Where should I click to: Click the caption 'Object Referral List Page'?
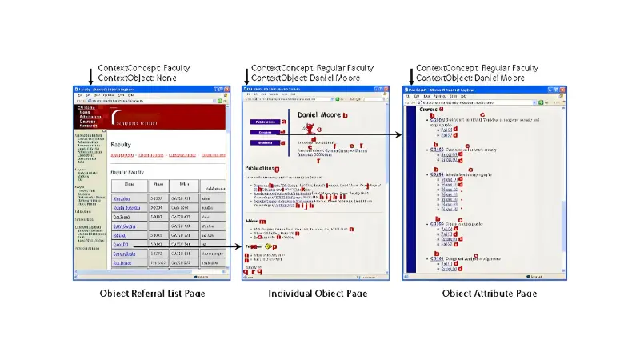(x=152, y=294)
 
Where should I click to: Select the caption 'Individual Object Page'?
(x=318, y=294)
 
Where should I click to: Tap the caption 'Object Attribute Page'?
(x=489, y=294)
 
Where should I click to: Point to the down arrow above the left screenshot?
(x=90, y=74)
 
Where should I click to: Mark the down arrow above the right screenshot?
(x=411, y=74)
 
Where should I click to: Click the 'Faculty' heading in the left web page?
(x=121, y=145)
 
